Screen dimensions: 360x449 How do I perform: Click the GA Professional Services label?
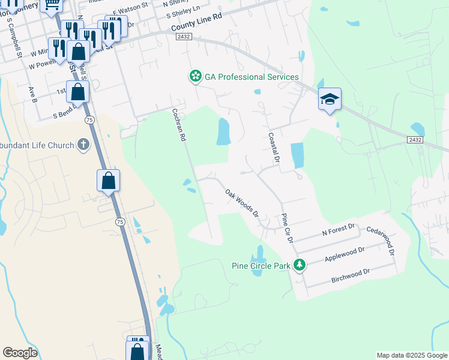coord(252,77)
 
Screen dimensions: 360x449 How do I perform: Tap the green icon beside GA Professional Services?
coord(195,77)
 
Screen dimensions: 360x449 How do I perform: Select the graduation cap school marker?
coord(330,98)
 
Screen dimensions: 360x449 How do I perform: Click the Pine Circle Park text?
coord(261,265)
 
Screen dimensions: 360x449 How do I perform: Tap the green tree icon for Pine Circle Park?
coord(299,265)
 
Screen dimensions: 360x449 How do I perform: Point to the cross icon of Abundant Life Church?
coord(83,145)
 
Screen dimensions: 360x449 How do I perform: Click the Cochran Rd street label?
coord(179,124)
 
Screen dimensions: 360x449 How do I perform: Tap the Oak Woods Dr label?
coord(242,203)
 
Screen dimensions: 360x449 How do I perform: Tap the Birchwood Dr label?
coord(350,275)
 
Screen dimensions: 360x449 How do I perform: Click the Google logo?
coord(20,353)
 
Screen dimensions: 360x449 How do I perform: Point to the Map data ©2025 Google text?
coord(412,355)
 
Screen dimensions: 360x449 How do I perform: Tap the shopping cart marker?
coord(52,5)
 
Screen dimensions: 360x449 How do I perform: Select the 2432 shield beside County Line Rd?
coord(184,37)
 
